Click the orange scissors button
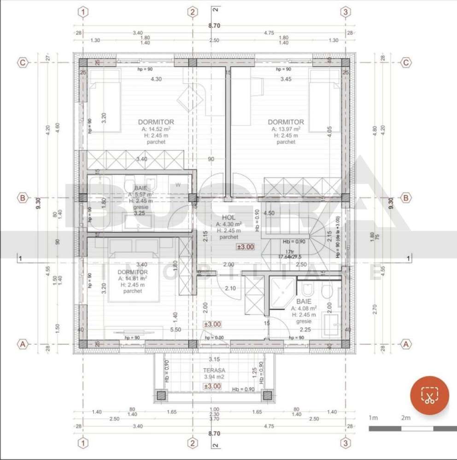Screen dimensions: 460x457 pos(429,396)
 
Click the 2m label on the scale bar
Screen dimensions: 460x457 pos(405,418)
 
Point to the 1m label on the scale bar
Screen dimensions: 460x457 pos(373,418)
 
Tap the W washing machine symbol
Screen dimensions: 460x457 pos(178,185)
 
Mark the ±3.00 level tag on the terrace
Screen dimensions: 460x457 pos(213,386)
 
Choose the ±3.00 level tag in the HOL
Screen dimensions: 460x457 pos(245,247)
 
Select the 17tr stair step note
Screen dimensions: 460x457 pos(290,251)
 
